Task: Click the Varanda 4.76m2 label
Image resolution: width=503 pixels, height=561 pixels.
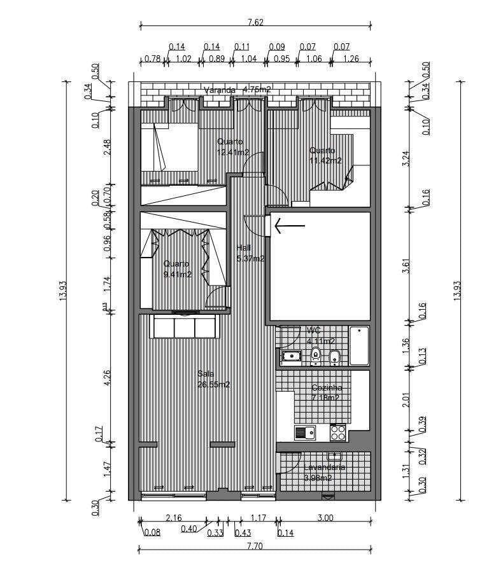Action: (x=237, y=90)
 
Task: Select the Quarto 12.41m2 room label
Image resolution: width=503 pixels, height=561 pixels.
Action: (x=232, y=147)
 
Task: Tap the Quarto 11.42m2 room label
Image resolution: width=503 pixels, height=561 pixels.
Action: (x=325, y=156)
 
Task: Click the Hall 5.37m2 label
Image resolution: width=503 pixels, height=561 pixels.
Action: (x=250, y=253)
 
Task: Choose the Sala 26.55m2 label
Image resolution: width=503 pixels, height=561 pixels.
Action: (x=213, y=379)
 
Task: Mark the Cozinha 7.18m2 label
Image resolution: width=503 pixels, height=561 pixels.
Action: (x=326, y=392)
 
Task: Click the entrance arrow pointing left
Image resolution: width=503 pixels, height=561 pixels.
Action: (x=289, y=225)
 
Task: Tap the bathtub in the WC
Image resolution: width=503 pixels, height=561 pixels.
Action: (x=359, y=345)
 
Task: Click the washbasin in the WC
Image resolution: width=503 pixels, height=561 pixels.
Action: (x=292, y=356)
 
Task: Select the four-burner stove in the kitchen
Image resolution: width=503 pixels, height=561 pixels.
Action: (x=337, y=433)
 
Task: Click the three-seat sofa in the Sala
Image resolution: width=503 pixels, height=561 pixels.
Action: (x=183, y=327)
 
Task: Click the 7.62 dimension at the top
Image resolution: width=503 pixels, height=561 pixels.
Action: (x=255, y=22)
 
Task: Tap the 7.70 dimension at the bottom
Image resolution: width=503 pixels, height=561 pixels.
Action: (x=254, y=546)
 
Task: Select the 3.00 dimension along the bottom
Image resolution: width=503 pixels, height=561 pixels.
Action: (x=325, y=518)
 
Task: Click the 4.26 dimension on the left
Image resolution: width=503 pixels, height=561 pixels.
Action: (x=108, y=378)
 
